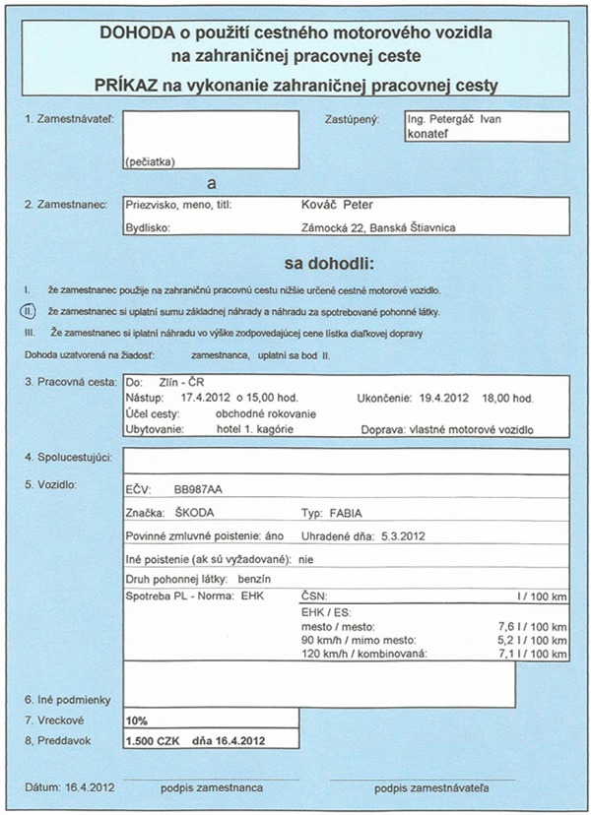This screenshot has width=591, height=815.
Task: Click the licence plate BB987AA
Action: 198,488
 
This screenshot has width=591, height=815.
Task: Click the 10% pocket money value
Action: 136,720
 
